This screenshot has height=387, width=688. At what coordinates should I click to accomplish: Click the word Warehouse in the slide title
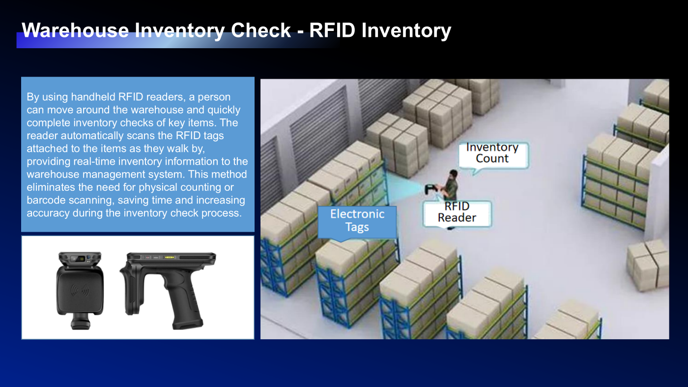click(x=75, y=30)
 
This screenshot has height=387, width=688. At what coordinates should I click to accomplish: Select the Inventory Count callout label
click(x=492, y=153)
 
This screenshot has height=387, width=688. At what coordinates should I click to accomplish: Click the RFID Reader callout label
click(x=457, y=212)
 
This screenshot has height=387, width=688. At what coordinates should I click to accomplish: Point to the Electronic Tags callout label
click(x=357, y=221)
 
